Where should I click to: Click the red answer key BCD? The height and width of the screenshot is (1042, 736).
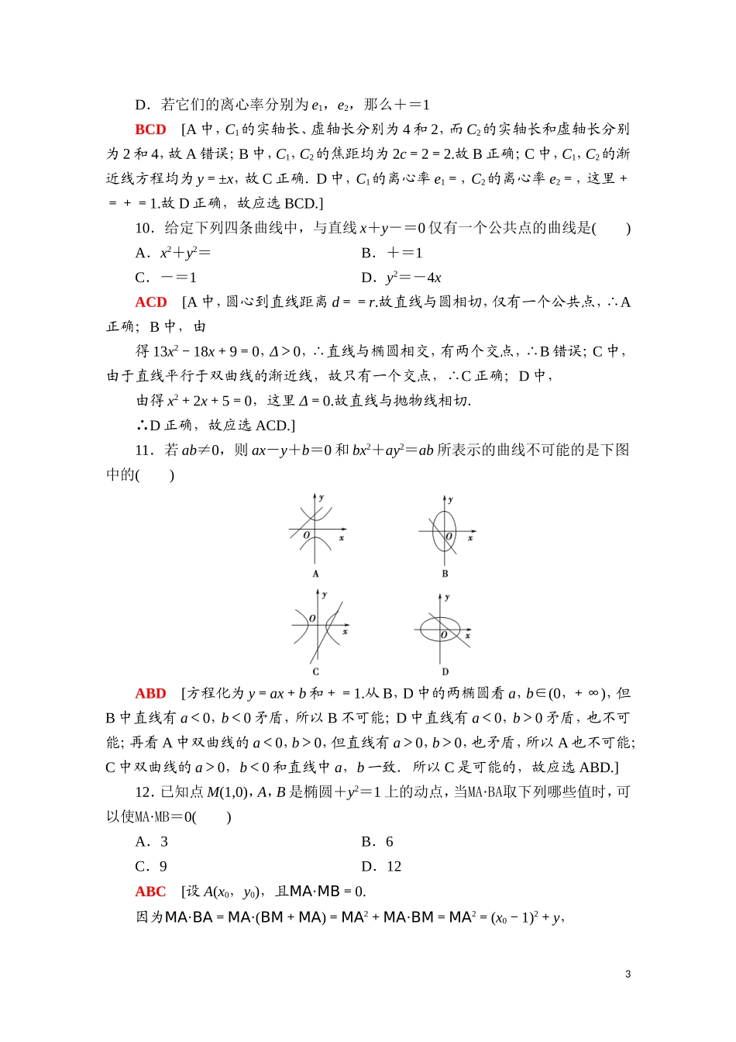pyautogui.click(x=150, y=129)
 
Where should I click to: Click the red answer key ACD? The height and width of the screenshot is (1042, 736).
pyautogui.click(x=151, y=302)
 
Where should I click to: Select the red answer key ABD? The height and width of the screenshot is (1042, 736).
pyautogui.click(x=150, y=694)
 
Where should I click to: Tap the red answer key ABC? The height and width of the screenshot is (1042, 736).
pyautogui.click(x=150, y=892)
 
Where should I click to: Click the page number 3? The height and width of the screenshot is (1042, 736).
pyautogui.click(x=628, y=975)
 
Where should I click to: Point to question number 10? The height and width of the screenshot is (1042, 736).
pyautogui.click(x=144, y=228)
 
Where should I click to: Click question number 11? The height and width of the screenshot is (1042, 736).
pyautogui.click(x=144, y=450)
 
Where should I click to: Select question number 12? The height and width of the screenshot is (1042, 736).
pyautogui.click(x=144, y=792)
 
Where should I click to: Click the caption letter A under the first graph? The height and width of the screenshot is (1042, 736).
pyautogui.click(x=315, y=574)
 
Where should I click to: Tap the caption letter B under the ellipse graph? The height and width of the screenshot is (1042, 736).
pyautogui.click(x=445, y=574)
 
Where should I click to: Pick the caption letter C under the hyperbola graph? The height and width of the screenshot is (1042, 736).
pyautogui.click(x=315, y=671)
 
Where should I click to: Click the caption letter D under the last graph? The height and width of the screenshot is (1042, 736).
pyautogui.click(x=445, y=671)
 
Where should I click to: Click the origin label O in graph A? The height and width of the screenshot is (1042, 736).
pyautogui.click(x=307, y=536)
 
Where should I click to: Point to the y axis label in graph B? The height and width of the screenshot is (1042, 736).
pyautogui.click(x=451, y=500)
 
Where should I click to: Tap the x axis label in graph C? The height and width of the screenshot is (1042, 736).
pyautogui.click(x=345, y=632)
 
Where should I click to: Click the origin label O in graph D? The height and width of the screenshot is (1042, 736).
pyautogui.click(x=444, y=635)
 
